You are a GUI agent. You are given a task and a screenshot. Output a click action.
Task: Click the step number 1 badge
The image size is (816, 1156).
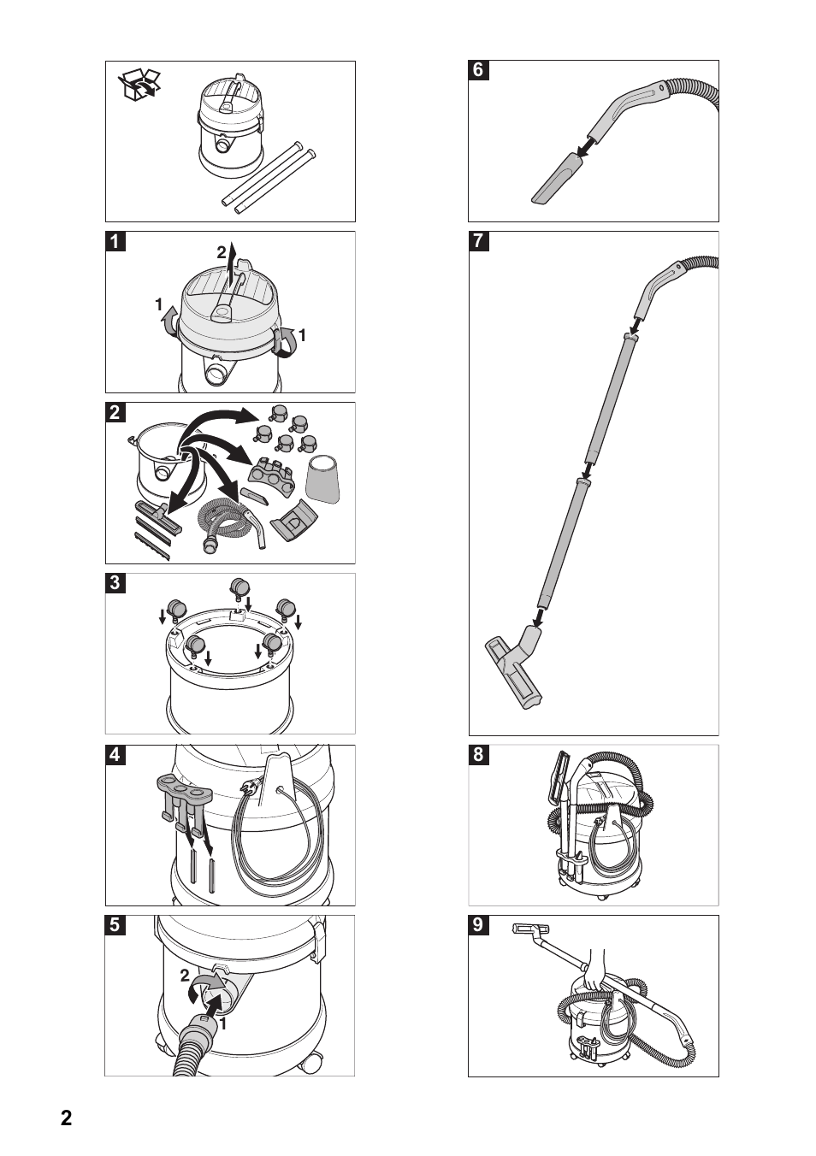click(x=115, y=242)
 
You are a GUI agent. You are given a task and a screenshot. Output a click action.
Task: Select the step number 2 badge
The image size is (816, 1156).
click(x=115, y=413)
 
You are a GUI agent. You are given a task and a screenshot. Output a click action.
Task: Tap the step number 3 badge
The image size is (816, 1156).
click(x=115, y=584)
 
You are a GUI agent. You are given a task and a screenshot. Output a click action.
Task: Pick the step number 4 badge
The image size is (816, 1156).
click(x=115, y=755)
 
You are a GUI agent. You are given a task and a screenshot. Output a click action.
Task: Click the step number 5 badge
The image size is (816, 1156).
click(x=115, y=926)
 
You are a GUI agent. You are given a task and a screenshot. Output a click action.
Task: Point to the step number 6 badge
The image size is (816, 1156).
click(x=478, y=71)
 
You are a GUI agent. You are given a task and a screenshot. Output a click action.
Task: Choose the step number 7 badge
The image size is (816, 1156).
click(x=478, y=242)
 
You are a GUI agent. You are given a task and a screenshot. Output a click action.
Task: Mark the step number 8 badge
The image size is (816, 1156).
click(x=478, y=755)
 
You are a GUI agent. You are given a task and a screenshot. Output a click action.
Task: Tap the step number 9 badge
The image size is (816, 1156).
click(x=478, y=926)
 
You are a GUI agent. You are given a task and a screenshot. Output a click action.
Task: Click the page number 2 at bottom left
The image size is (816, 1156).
click(x=67, y=1119)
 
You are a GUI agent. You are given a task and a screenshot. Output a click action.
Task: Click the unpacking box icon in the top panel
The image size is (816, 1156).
click(x=140, y=86)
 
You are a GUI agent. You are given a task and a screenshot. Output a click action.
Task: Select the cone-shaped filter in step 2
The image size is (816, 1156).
click(x=323, y=478)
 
